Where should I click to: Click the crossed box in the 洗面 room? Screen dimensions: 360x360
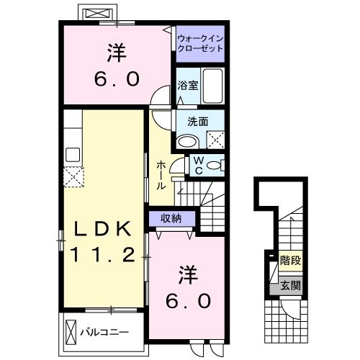(x=215, y=138)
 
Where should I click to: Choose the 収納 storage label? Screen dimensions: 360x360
(x=171, y=218)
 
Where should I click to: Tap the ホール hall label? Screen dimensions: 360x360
(x=161, y=175)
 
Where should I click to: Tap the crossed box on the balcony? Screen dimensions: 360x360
(x=71, y=333)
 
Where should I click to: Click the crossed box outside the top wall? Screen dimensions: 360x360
(x=99, y=14)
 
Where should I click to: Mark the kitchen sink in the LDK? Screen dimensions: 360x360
(x=73, y=153)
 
